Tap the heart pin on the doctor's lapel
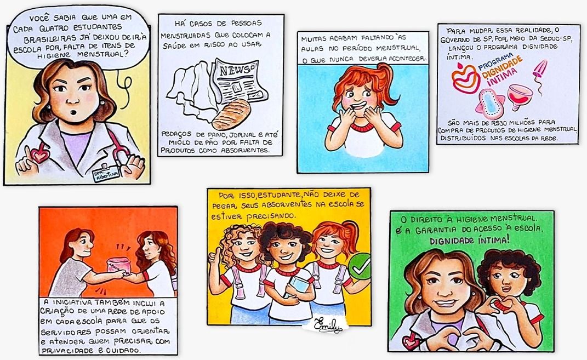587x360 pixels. point(39,154)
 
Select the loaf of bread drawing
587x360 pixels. point(231,114)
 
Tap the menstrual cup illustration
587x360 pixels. point(520,96)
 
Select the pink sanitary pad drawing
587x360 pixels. point(489,102)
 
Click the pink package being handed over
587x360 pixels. point(119,266)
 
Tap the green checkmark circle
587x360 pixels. point(360,266)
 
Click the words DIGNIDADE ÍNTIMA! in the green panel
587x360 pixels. point(470,240)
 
